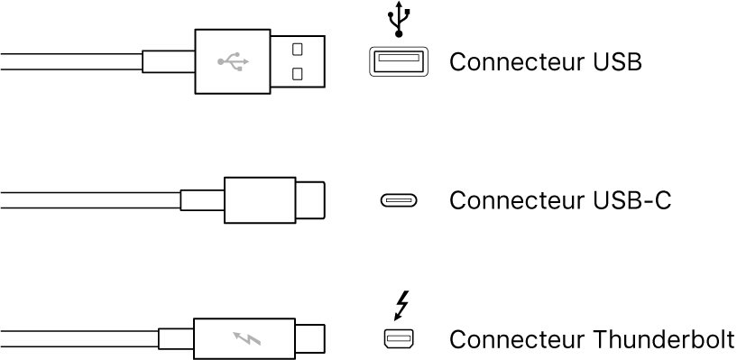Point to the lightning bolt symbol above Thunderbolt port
click(400, 305)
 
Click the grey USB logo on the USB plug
click(233, 62)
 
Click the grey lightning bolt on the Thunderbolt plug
click(244, 339)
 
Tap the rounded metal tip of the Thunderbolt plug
click(310, 339)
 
